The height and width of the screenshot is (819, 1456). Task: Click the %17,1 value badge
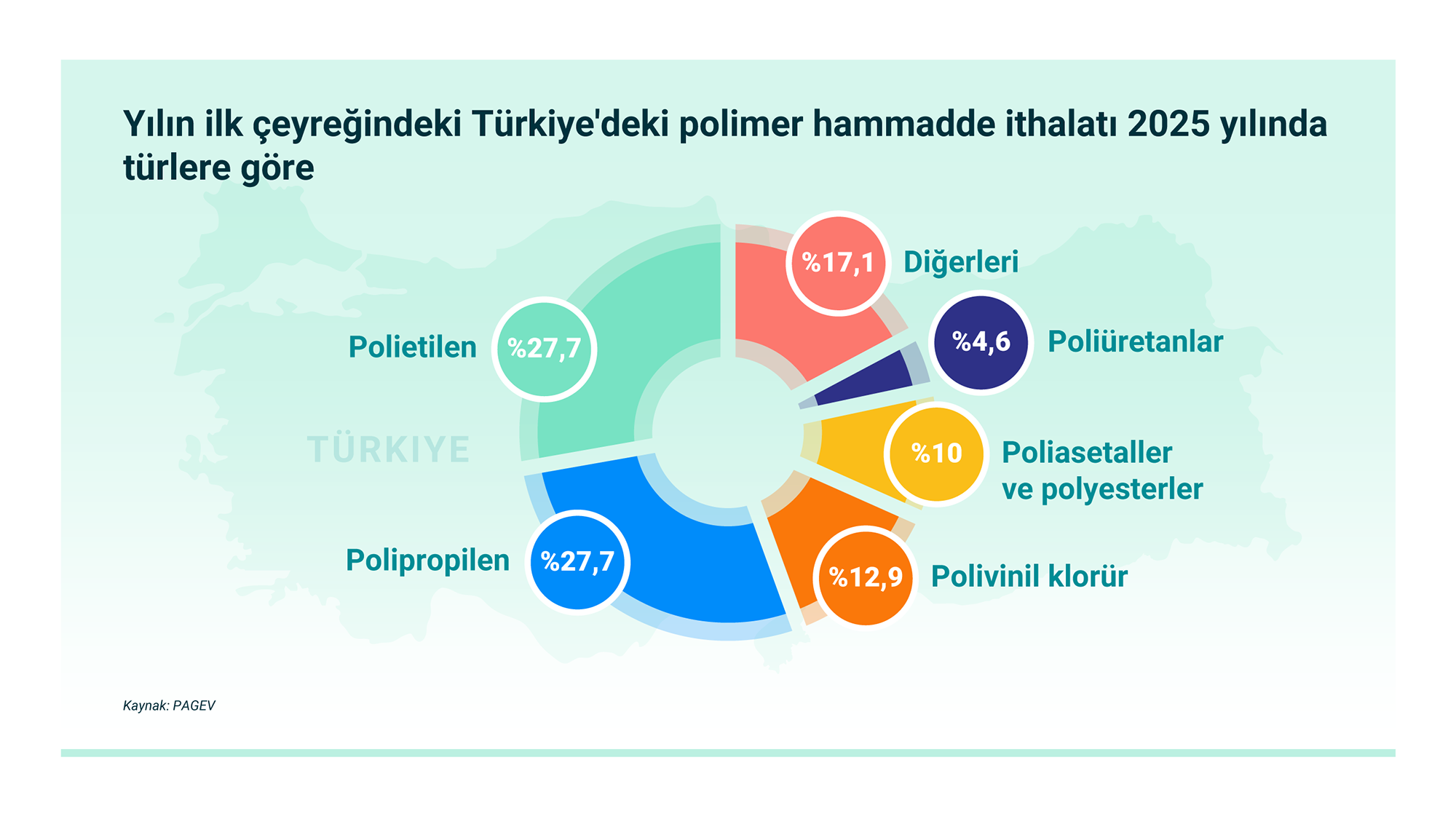(839, 263)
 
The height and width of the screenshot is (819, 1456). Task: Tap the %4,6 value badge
(981, 341)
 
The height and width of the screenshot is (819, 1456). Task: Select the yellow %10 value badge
(937, 454)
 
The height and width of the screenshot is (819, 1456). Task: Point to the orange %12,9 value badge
(866, 577)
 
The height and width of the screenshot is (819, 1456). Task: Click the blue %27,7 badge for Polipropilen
(577, 562)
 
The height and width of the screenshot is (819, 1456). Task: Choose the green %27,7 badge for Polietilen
(545, 349)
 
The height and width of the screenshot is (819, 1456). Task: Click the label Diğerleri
(961, 262)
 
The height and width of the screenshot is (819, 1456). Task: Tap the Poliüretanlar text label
(1135, 341)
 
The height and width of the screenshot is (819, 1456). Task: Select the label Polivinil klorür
(1029, 576)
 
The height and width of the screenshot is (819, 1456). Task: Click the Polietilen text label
(413, 347)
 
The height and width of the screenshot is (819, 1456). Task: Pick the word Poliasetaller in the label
(1087, 453)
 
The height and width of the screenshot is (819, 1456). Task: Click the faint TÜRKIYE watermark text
(389, 448)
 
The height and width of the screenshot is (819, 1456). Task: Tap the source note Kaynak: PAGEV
(169, 705)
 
